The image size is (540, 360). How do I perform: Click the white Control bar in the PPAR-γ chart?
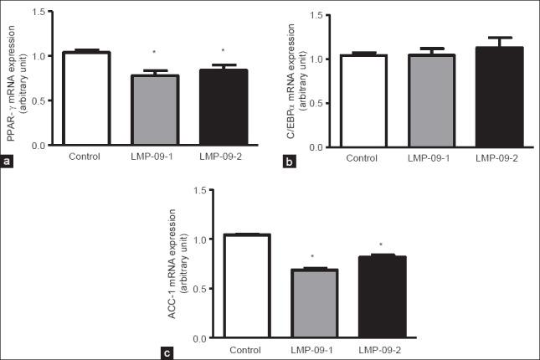click(85, 99)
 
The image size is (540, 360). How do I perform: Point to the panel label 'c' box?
click(168, 352)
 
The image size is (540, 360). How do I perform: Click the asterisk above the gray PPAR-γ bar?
click(152, 63)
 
